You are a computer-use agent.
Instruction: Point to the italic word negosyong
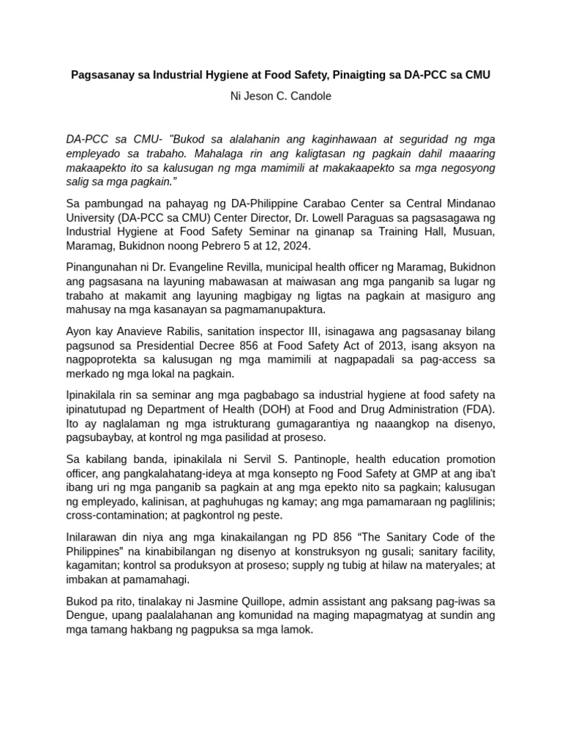(466, 168)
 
